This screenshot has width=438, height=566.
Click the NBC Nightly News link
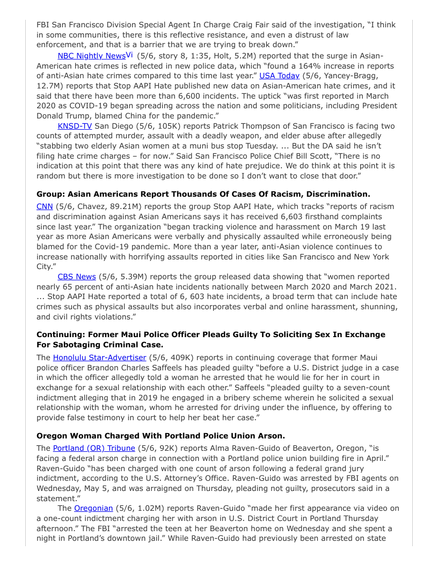(x=91, y=56)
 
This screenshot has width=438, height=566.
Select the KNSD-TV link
(x=75, y=126)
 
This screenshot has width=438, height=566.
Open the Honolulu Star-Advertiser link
(x=99, y=357)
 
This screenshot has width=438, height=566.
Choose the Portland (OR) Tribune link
(x=94, y=448)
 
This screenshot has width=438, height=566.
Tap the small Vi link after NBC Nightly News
(x=129, y=55)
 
